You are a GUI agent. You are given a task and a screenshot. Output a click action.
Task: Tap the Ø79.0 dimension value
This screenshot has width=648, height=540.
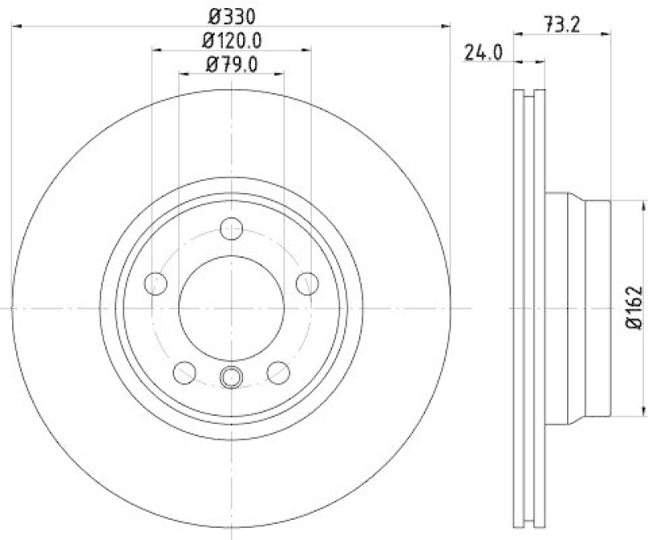[x=232, y=64]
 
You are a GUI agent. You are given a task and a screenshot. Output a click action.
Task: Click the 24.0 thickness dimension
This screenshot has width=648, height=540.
[x=484, y=54]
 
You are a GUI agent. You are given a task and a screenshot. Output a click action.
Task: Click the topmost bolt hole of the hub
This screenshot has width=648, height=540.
[x=232, y=228]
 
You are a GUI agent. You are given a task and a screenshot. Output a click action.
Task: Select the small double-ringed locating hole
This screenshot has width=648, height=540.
[x=232, y=376]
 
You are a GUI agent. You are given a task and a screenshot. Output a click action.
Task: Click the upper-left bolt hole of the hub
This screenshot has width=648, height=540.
[x=155, y=283]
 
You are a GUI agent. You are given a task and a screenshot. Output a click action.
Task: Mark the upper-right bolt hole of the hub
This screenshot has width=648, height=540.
[x=307, y=283]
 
